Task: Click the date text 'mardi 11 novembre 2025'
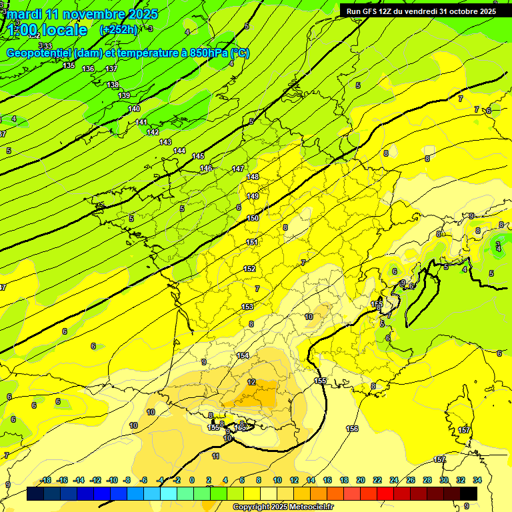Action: pyautogui.click(x=83, y=14)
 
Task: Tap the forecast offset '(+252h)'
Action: pyautogui.click(x=118, y=30)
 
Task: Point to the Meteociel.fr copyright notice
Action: pyautogui.click(x=283, y=507)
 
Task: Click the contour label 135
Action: pyautogui.click(x=69, y=65)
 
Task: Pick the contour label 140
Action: pyautogui.click(x=134, y=109)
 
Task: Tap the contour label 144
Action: pyautogui.click(x=179, y=151)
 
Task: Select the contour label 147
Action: pyautogui.click(x=238, y=169)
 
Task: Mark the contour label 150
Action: pyautogui.click(x=253, y=218)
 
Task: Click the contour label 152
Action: pyautogui.click(x=249, y=269)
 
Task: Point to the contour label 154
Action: pyautogui.click(x=243, y=355)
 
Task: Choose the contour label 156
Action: pyautogui.click(x=353, y=429)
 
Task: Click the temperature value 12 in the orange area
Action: pyautogui.click(x=251, y=382)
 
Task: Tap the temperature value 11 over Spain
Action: pyautogui.click(x=215, y=456)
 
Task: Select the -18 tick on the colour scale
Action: pyautogui.click(x=46, y=480)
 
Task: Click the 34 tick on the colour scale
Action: pyautogui.click(x=477, y=480)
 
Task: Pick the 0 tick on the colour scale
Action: pyautogui.click(x=192, y=480)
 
